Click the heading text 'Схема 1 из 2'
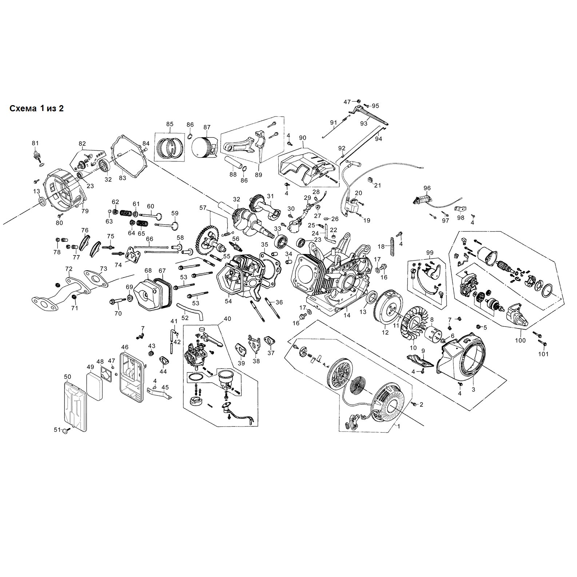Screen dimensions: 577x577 36,108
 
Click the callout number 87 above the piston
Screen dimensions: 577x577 207,127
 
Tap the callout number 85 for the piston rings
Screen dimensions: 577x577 170,124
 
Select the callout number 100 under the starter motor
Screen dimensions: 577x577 520,340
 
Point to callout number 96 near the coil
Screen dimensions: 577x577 427,188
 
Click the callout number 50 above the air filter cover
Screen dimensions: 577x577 68,377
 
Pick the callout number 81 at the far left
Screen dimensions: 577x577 35,143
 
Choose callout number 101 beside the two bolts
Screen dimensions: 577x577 543,354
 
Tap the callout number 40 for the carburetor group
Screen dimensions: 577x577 227,319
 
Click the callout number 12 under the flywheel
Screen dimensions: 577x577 385,332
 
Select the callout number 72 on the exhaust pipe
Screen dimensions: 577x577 69,269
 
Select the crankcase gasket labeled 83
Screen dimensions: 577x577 129,156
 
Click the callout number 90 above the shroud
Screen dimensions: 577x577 303,138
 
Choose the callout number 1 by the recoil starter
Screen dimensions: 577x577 398,426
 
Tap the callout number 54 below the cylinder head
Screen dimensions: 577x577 228,301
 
